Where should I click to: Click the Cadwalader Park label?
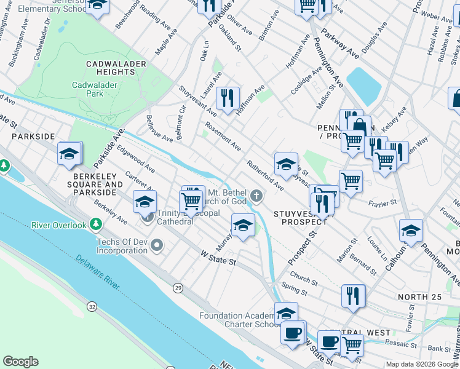95,89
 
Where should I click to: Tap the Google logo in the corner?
20,362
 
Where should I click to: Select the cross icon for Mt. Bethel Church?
257,196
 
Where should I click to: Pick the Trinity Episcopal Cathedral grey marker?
148,216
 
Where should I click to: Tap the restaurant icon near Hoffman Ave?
228,98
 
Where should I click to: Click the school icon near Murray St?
243,225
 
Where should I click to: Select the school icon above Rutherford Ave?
286,164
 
